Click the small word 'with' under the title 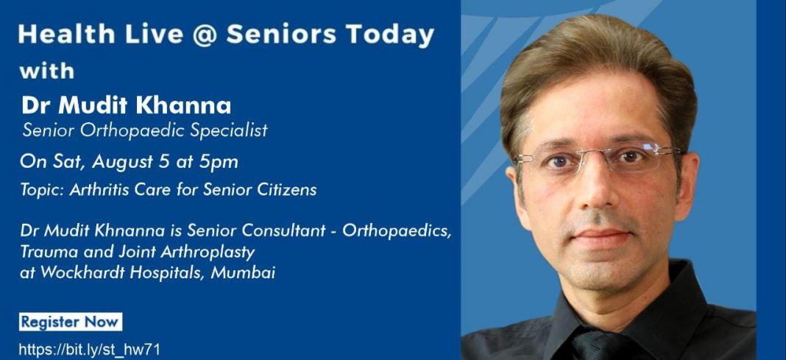tap(46, 71)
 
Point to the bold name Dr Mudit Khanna tap(127, 106)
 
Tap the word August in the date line tap(117, 163)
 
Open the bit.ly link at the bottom tap(90, 350)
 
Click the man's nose tap(597, 191)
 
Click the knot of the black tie tap(597, 346)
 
